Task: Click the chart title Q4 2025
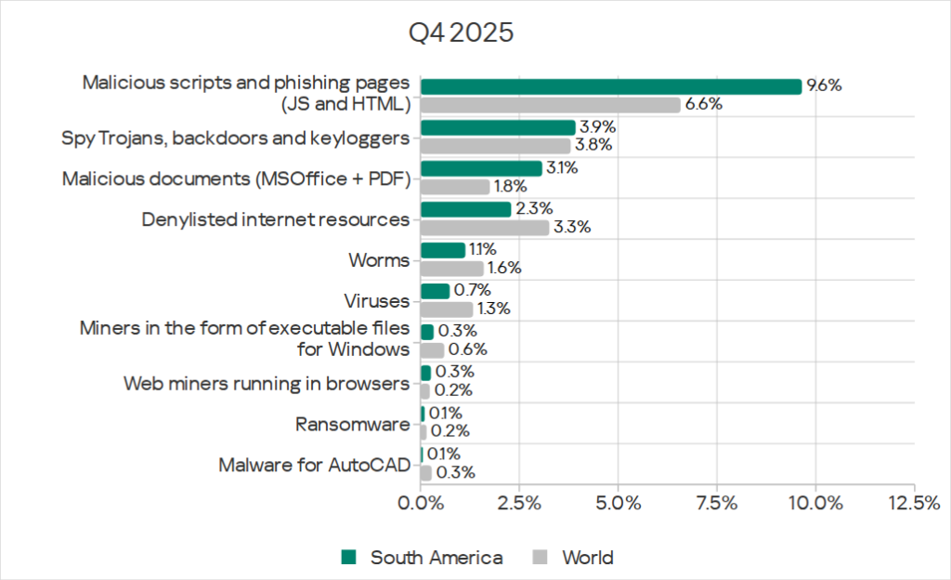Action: tap(462, 33)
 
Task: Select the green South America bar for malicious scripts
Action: tap(610, 86)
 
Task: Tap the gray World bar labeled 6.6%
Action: tap(550, 105)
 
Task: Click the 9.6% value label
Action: tap(823, 86)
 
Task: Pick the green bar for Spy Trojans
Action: tap(498, 127)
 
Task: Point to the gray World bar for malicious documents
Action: tap(455, 186)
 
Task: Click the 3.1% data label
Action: tap(563, 168)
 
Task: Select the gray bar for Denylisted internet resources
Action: tap(485, 227)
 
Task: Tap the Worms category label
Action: tap(380, 260)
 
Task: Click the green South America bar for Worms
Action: tap(442, 250)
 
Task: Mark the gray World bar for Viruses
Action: tap(446, 309)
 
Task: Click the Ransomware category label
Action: tap(352, 424)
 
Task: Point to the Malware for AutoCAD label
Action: tap(314, 464)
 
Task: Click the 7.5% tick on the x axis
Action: tap(716, 503)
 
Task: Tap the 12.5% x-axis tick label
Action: tap(914, 503)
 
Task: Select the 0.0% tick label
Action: tap(421, 503)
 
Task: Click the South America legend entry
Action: tap(423, 558)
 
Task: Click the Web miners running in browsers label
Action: tap(267, 383)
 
